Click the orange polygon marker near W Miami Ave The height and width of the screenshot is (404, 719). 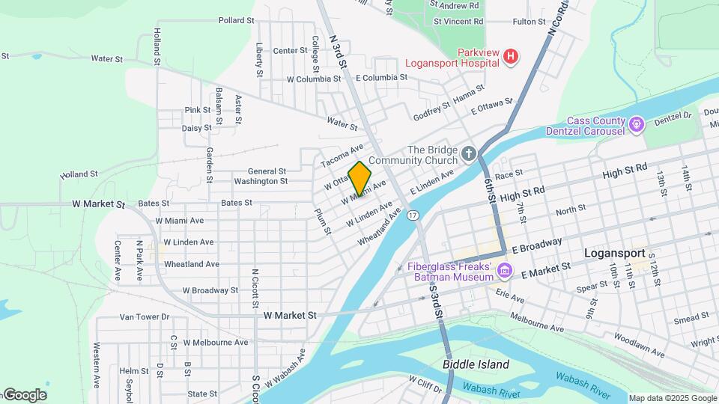click(x=359, y=180)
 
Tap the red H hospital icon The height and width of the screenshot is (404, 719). click(x=511, y=57)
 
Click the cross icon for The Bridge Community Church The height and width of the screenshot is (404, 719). click(x=469, y=153)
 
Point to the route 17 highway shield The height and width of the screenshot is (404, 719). click(x=412, y=215)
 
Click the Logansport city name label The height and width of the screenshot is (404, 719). click(x=614, y=254)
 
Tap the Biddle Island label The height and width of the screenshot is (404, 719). click(x=476, y=365)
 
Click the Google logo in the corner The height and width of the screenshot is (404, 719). click(x=24, y=395)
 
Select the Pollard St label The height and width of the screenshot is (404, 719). click(x=237, y=20)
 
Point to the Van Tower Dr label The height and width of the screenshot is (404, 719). click(x=145, y=316)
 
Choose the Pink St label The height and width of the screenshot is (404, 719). click(x=198, y=110)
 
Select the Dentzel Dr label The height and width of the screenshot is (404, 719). click(x=673, y=117)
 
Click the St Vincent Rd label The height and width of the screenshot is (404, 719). click(x=458, y=22)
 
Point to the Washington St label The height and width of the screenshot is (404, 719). click(x=261, y=181)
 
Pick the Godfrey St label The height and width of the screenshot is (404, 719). click(x=432, y=111)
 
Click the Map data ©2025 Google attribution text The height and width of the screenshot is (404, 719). click(x=673, y=398)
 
